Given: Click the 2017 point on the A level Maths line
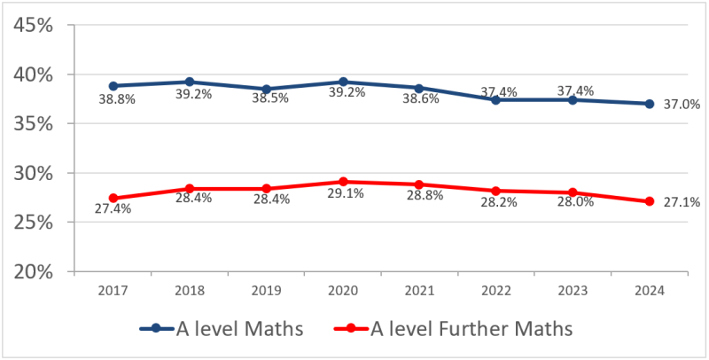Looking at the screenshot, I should (113, 86).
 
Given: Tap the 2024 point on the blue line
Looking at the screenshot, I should (649, 104).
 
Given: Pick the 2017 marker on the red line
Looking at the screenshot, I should (113, 199).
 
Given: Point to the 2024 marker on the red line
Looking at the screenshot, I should (649, 201).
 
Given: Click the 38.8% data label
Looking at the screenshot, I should (116, 100).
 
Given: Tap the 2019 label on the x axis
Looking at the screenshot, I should (266, 290).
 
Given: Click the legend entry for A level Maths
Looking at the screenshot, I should (222, 329).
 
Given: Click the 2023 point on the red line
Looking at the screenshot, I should (573, 192).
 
